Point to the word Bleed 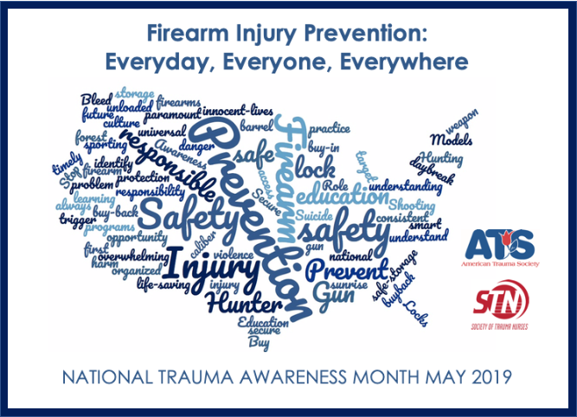pos(96,99)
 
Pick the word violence pos(233,255)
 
